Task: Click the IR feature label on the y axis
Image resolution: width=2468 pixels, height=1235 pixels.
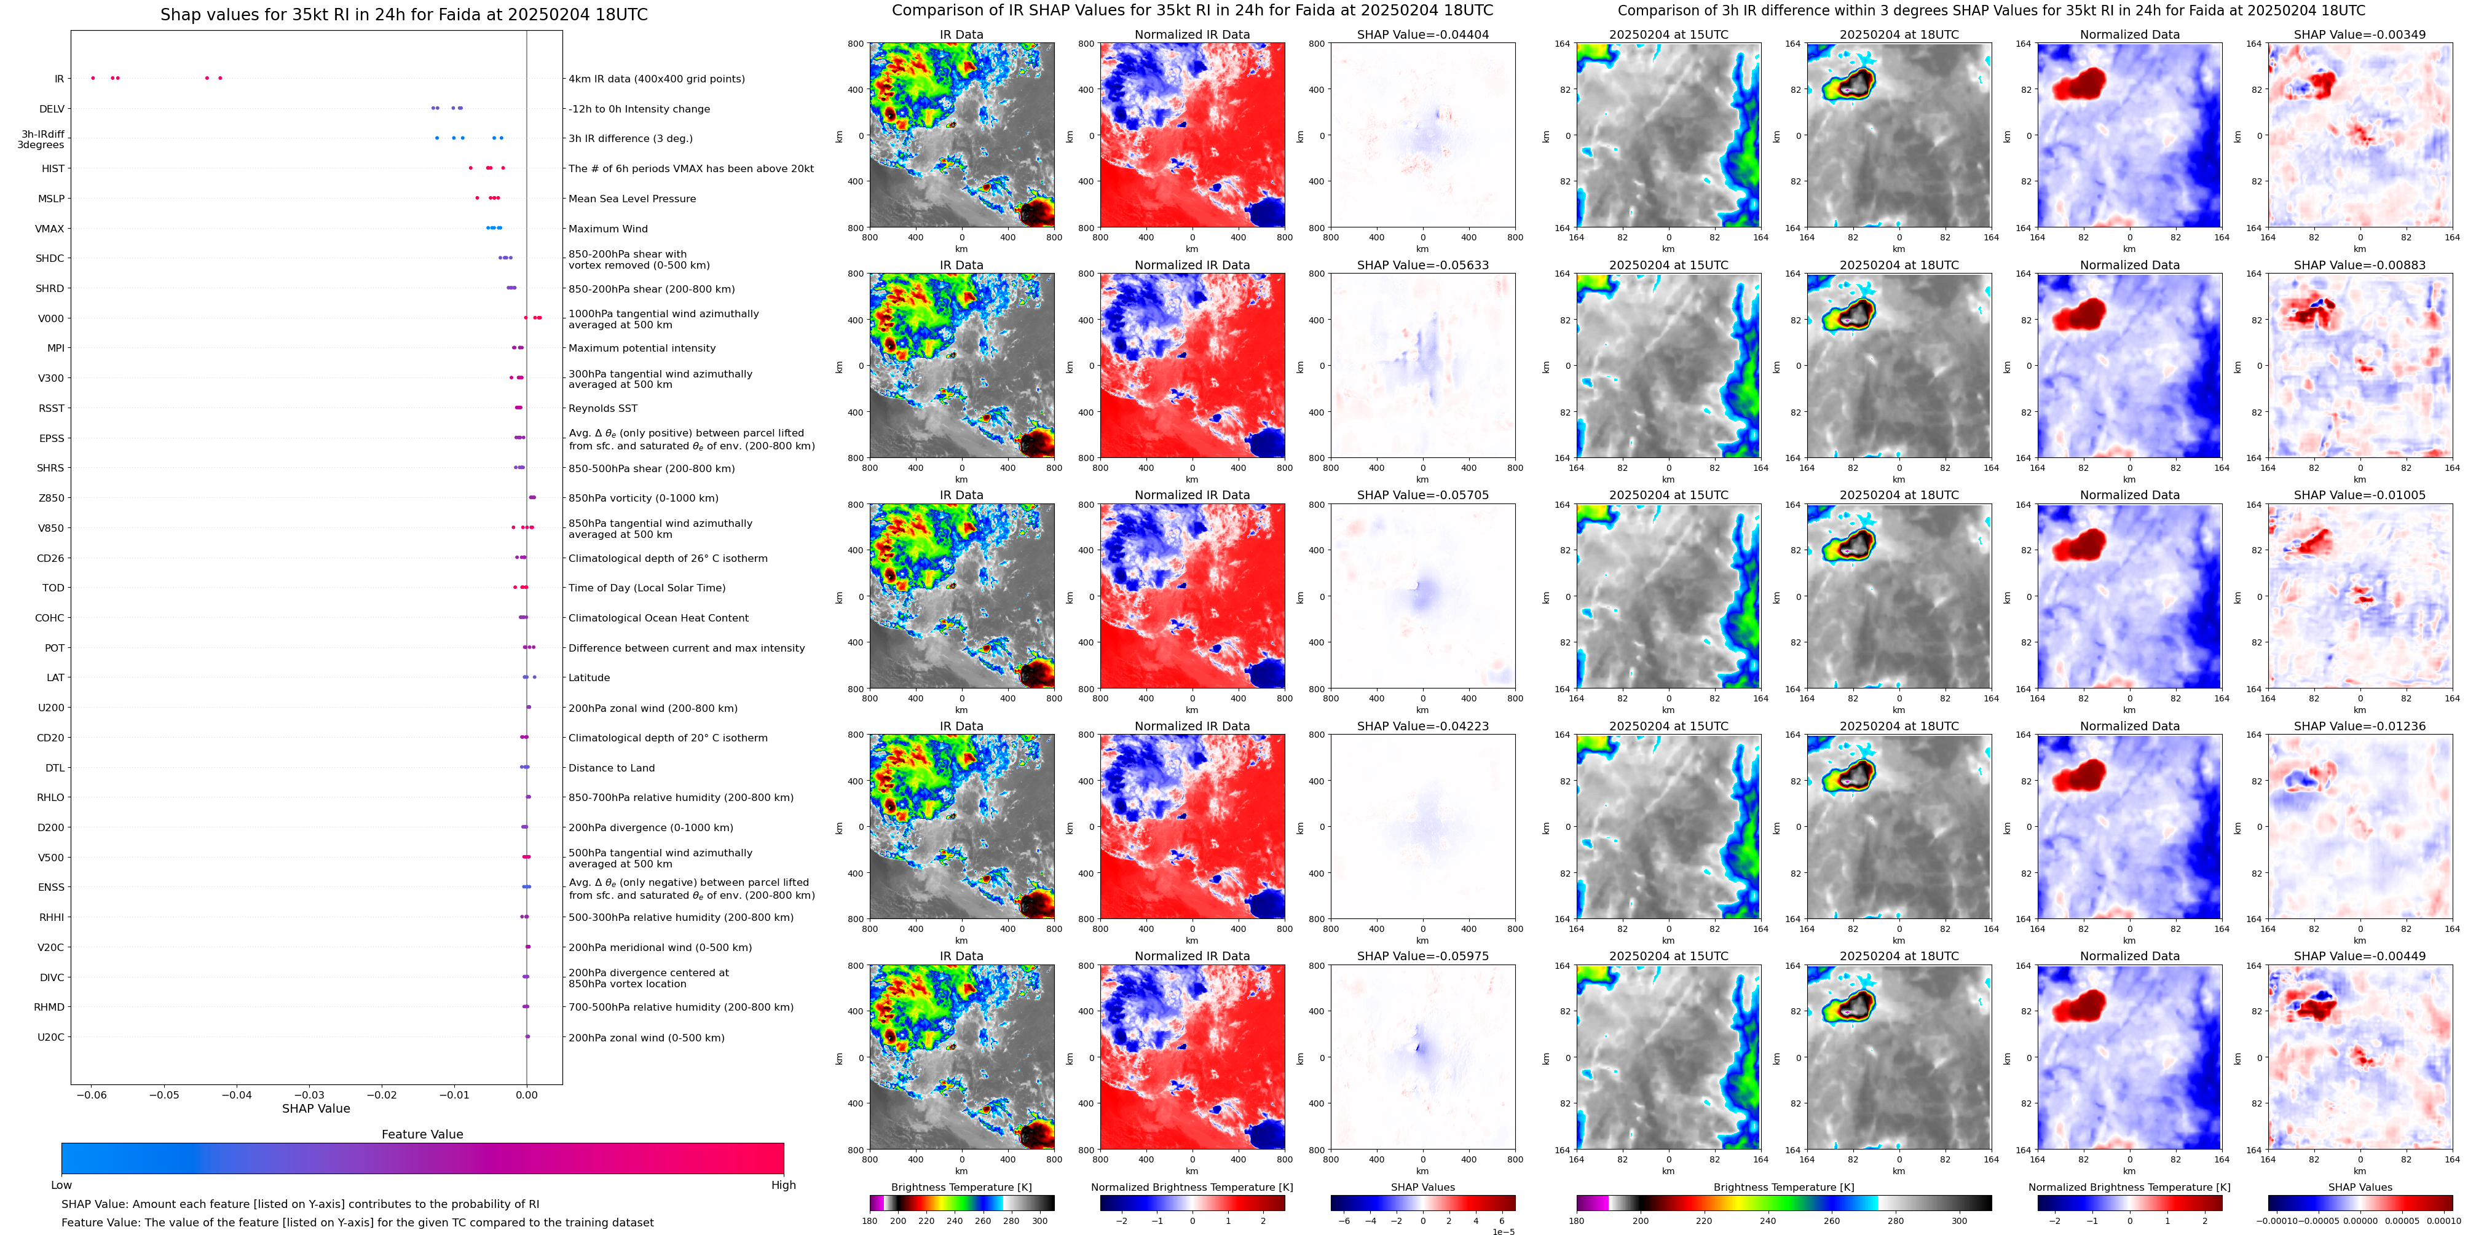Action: [x=58, y=79]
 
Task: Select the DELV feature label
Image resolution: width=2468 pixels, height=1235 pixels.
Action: [x=52, y=109]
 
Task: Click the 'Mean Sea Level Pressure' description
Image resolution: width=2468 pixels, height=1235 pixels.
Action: [x=631, y=199]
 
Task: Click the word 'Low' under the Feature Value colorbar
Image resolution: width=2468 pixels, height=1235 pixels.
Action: [x=61, y=1185]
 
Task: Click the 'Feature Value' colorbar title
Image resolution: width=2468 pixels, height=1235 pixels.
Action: [x=422, y=1134]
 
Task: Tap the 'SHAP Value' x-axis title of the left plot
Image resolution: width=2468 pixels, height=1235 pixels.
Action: [x=315, y=1108]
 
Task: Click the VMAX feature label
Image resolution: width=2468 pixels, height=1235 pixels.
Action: [x=50, y=229]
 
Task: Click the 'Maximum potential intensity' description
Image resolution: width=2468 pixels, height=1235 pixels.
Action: [x=641, y=349]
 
